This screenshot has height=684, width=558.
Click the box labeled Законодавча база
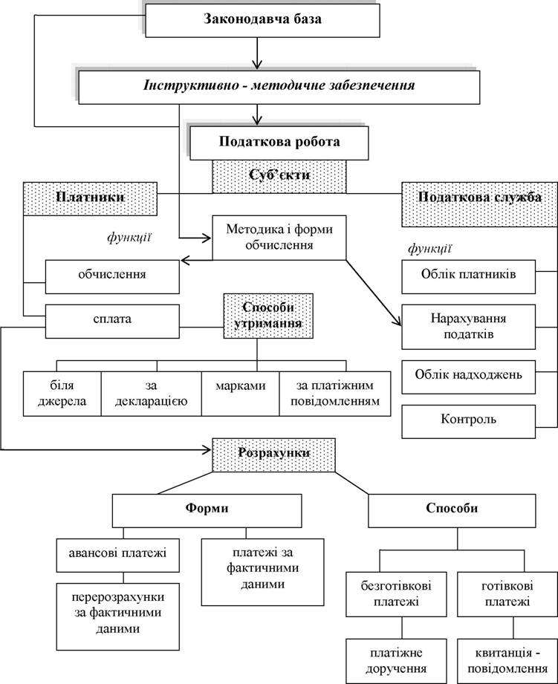[262, 21]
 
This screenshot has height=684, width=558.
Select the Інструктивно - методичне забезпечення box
[279, 87]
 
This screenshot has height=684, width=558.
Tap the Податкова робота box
[279, 143]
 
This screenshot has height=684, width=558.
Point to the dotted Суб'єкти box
[279, 176]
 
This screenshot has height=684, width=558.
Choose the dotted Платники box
[90, 199]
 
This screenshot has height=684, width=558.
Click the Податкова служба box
[479, 204]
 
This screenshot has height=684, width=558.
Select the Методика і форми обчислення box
[279, 238]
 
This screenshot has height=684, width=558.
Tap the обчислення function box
[112, 277]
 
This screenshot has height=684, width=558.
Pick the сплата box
[112, 322]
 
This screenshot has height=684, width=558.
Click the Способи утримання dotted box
[268, 316]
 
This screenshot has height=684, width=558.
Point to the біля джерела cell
[62, 394]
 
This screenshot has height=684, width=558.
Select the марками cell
[241, 394]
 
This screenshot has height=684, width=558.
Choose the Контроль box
[469, 422]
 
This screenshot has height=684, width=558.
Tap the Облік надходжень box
[469, 377]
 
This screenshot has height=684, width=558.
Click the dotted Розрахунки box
[274, 455]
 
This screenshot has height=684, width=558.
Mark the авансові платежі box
[118, 556]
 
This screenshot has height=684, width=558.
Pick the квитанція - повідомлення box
[507, 661]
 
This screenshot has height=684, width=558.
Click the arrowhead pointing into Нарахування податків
[398, 322]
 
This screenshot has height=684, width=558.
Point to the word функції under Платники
[129, 238]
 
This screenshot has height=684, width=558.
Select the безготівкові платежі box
[396, 594]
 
